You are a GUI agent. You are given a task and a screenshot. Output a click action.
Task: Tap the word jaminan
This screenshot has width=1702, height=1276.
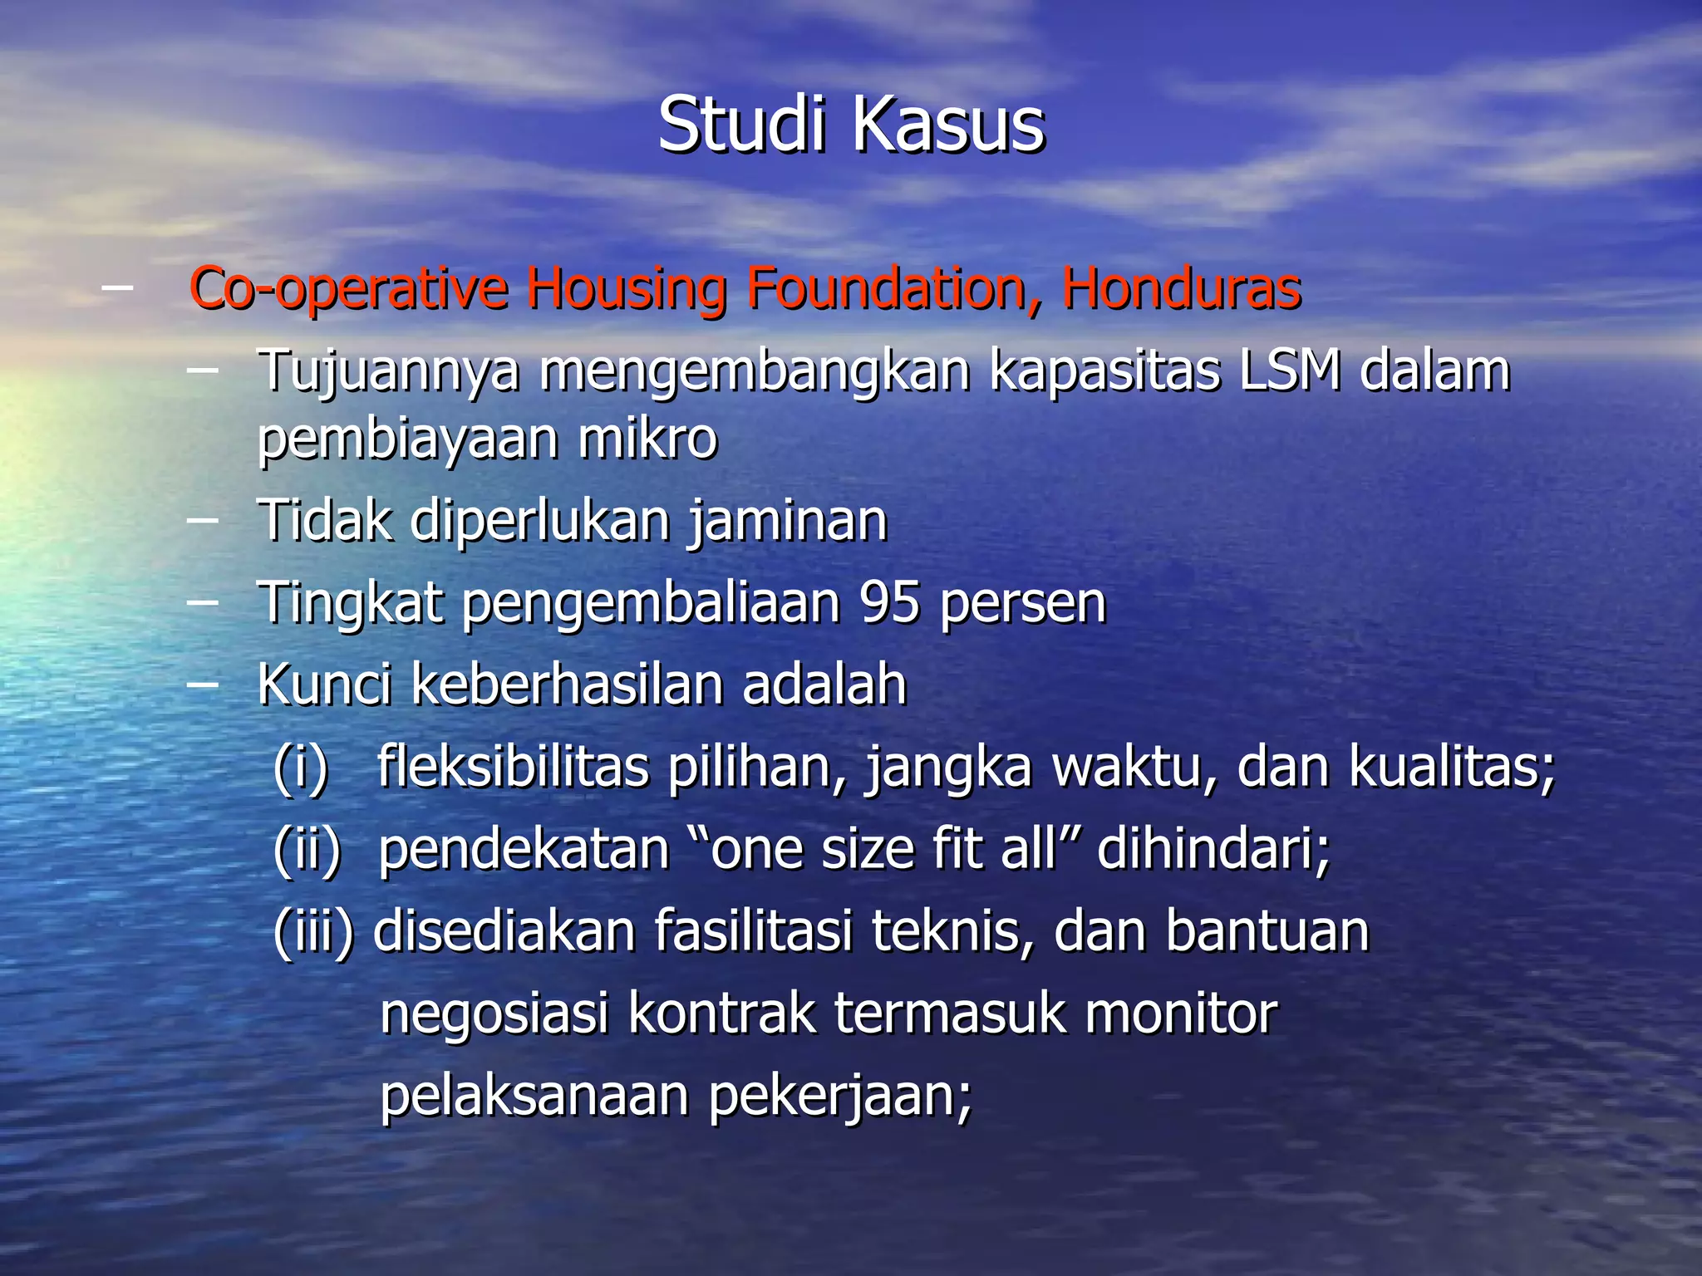(788, 522)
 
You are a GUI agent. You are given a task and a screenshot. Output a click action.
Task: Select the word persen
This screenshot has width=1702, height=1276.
(1023, 604)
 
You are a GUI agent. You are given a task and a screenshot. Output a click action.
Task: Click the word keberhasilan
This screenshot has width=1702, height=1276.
(566, 685)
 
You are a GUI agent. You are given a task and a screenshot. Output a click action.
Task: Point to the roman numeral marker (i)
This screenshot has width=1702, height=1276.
(302, 768)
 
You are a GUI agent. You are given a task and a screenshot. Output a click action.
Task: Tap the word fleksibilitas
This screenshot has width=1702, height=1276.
(513, 766)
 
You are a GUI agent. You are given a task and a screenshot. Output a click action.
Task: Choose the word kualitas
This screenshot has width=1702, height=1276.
(1450, 766)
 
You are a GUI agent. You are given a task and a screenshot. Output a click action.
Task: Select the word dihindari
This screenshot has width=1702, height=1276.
(1213, 850)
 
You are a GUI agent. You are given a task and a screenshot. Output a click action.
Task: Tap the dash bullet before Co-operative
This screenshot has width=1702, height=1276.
(116, 287)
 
